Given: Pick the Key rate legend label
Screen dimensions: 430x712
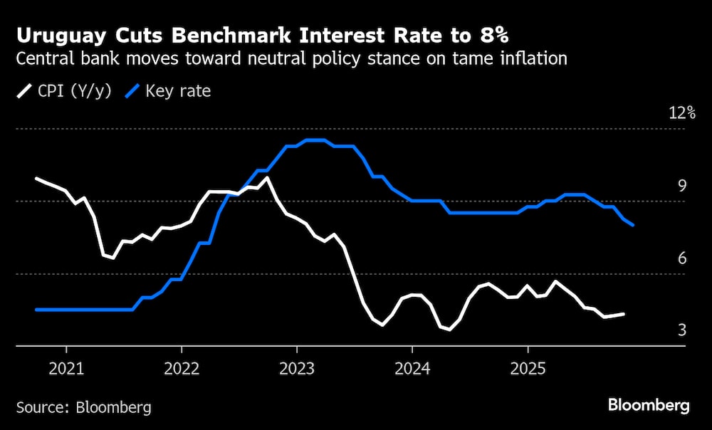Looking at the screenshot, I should coord(177,91).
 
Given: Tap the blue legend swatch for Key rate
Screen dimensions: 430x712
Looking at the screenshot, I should coord(132,91).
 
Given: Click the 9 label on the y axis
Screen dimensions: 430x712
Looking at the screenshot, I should coord(681,186).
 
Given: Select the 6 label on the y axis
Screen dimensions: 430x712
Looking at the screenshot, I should coord(681,258).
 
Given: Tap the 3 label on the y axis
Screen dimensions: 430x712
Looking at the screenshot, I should coord(681,330).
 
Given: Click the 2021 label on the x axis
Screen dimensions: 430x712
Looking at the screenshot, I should coord(66,369).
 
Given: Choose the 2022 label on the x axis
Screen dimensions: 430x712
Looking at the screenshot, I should coord(182,369).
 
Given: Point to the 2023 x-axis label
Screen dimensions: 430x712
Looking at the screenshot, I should coord(297,369).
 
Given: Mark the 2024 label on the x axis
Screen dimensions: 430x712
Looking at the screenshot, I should coord(412,369).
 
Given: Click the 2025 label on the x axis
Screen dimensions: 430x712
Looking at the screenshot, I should coord(528,369).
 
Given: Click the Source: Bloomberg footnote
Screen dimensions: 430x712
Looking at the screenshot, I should coord(84,407).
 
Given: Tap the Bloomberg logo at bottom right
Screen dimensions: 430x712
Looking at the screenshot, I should coord(649,406).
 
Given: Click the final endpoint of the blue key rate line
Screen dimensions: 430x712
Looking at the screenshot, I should coord(633,226).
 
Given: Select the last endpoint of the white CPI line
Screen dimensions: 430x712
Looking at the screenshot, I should coord(624,313).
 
